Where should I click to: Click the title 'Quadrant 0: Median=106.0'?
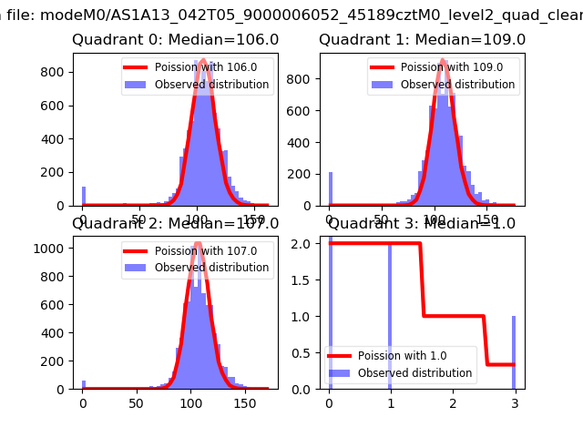tap(175, 40)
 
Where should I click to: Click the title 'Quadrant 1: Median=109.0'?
tap(422, 40)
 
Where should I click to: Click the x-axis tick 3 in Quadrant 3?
tap(514, 401)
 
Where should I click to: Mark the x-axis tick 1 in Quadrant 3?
tap(391, 401)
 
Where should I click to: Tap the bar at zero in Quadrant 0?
tap(83, 197)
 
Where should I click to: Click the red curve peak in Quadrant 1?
tap(442, 61)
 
